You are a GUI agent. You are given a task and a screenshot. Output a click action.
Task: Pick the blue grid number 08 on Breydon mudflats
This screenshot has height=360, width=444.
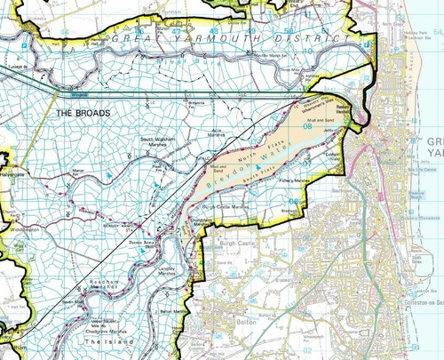(307, 126)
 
